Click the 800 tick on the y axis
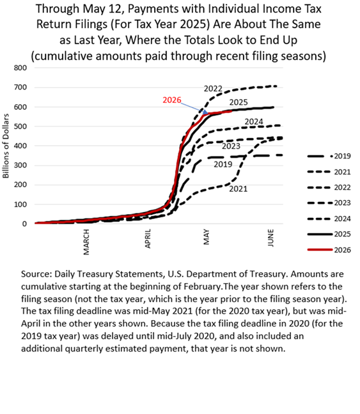(20, 68)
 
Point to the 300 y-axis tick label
(20, 165)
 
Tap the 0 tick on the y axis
(24, 224)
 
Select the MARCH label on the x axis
(86, 242)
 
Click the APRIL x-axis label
(148, 239)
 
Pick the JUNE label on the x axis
(270, 238)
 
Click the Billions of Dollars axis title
(6, 146)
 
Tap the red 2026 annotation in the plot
(172, 100)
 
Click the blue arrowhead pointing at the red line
(205, 113)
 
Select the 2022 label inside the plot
(213, 89)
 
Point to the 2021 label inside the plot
(239, 189)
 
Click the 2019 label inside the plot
(223, 164)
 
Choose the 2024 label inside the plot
(254, 122)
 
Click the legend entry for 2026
(329, 250)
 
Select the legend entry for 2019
(329, 157)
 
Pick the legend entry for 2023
(329, 203)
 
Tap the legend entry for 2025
(329, 234)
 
